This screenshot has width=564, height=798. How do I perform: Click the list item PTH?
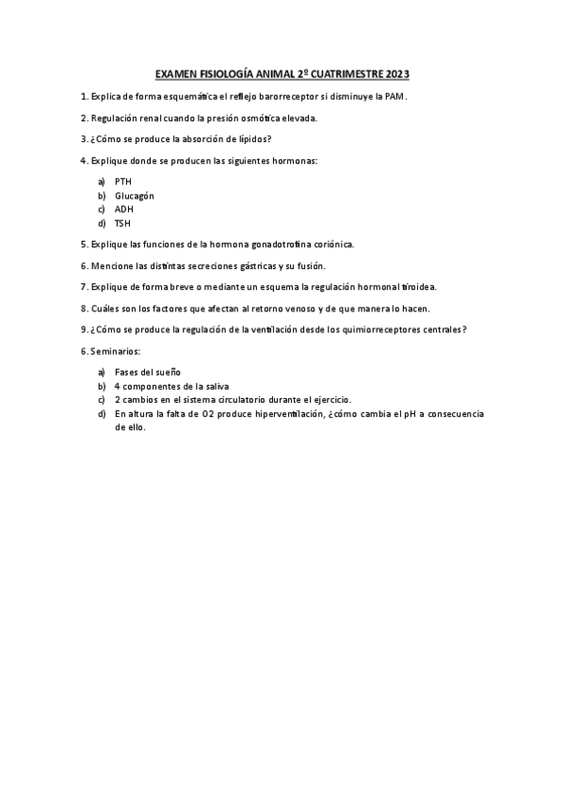pyautogui.click(x=123, y=181)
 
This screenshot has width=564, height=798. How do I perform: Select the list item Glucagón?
pyautogui.click(x=134, y=195)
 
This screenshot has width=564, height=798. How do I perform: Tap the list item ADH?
pyautogui.click(x=124, y=209)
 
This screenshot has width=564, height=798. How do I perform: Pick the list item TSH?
pyautogui.click(x=122, y=223)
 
